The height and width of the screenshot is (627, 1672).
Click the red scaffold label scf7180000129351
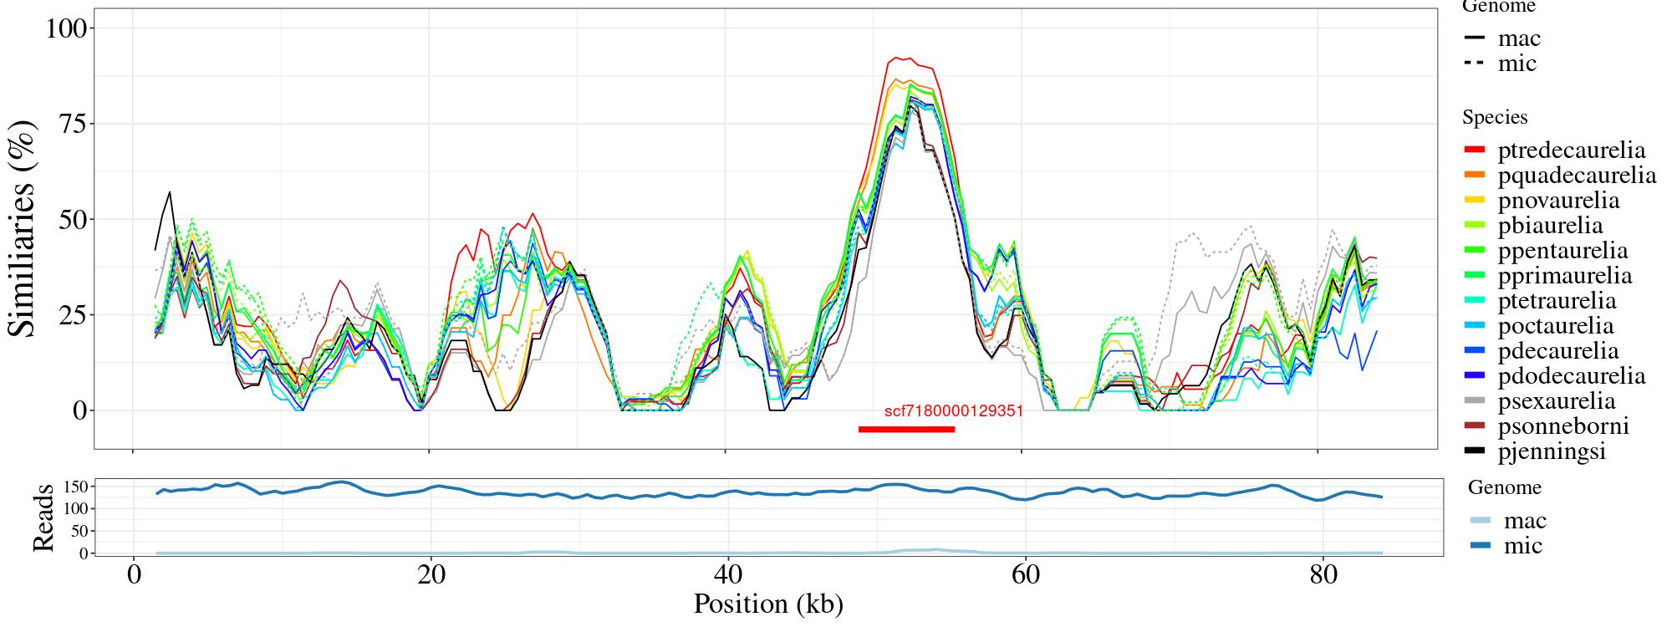(x=953, y=411)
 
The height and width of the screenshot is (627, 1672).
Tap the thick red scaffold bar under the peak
(x=906, y=430)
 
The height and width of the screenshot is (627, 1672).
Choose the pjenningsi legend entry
(x=1552, y=451)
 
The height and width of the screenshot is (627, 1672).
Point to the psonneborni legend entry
(x=1562, y=426)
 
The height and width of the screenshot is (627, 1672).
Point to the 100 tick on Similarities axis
(x=66, y=28)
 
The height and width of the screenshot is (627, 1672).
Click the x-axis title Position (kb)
(x=767, y=604)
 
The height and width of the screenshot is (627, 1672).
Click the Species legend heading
(x=1495, y=117)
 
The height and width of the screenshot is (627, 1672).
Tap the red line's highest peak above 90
(x=896, y=58)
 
